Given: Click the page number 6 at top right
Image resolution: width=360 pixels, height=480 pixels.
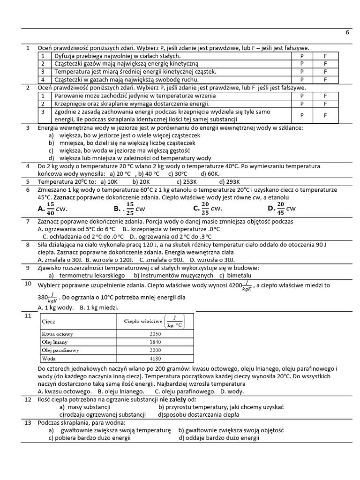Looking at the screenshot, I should [347, 33].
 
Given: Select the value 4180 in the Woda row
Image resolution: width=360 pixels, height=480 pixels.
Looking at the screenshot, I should [155, 359].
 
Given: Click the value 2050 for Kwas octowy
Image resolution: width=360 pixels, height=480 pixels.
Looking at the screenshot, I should [155, 334].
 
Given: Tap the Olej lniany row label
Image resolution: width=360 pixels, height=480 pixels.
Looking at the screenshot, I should [55, 342].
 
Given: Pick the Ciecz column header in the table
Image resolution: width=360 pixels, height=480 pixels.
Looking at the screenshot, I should [49, 322].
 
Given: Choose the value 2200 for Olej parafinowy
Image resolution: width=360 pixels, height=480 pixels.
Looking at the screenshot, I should [155, 350].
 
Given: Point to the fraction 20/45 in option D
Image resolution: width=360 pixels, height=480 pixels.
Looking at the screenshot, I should [280, 208].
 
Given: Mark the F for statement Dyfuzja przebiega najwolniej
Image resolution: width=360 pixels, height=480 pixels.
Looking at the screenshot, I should [326, 56].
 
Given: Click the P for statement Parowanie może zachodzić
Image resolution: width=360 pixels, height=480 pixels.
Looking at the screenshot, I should [302, 96].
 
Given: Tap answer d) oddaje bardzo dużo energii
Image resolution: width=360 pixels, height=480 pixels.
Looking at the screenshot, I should [218, 438].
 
